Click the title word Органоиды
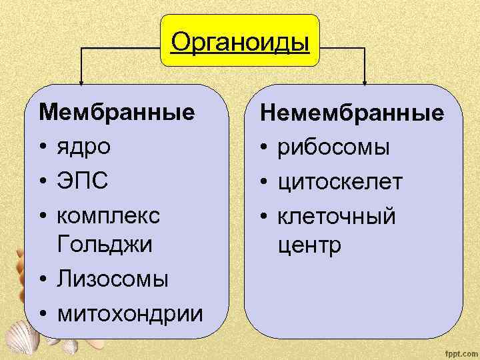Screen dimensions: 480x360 click(x=240, y=42)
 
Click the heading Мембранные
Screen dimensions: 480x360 click(x=117, y=111)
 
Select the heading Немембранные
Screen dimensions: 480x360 click(x=352, y=113)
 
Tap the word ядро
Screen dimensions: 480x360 click(x=85, y=146)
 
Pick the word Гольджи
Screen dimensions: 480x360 click(x=105, y=244)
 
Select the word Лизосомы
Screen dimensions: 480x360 click(x=113, y=279)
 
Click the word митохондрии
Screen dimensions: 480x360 click(x=129, y=312)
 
